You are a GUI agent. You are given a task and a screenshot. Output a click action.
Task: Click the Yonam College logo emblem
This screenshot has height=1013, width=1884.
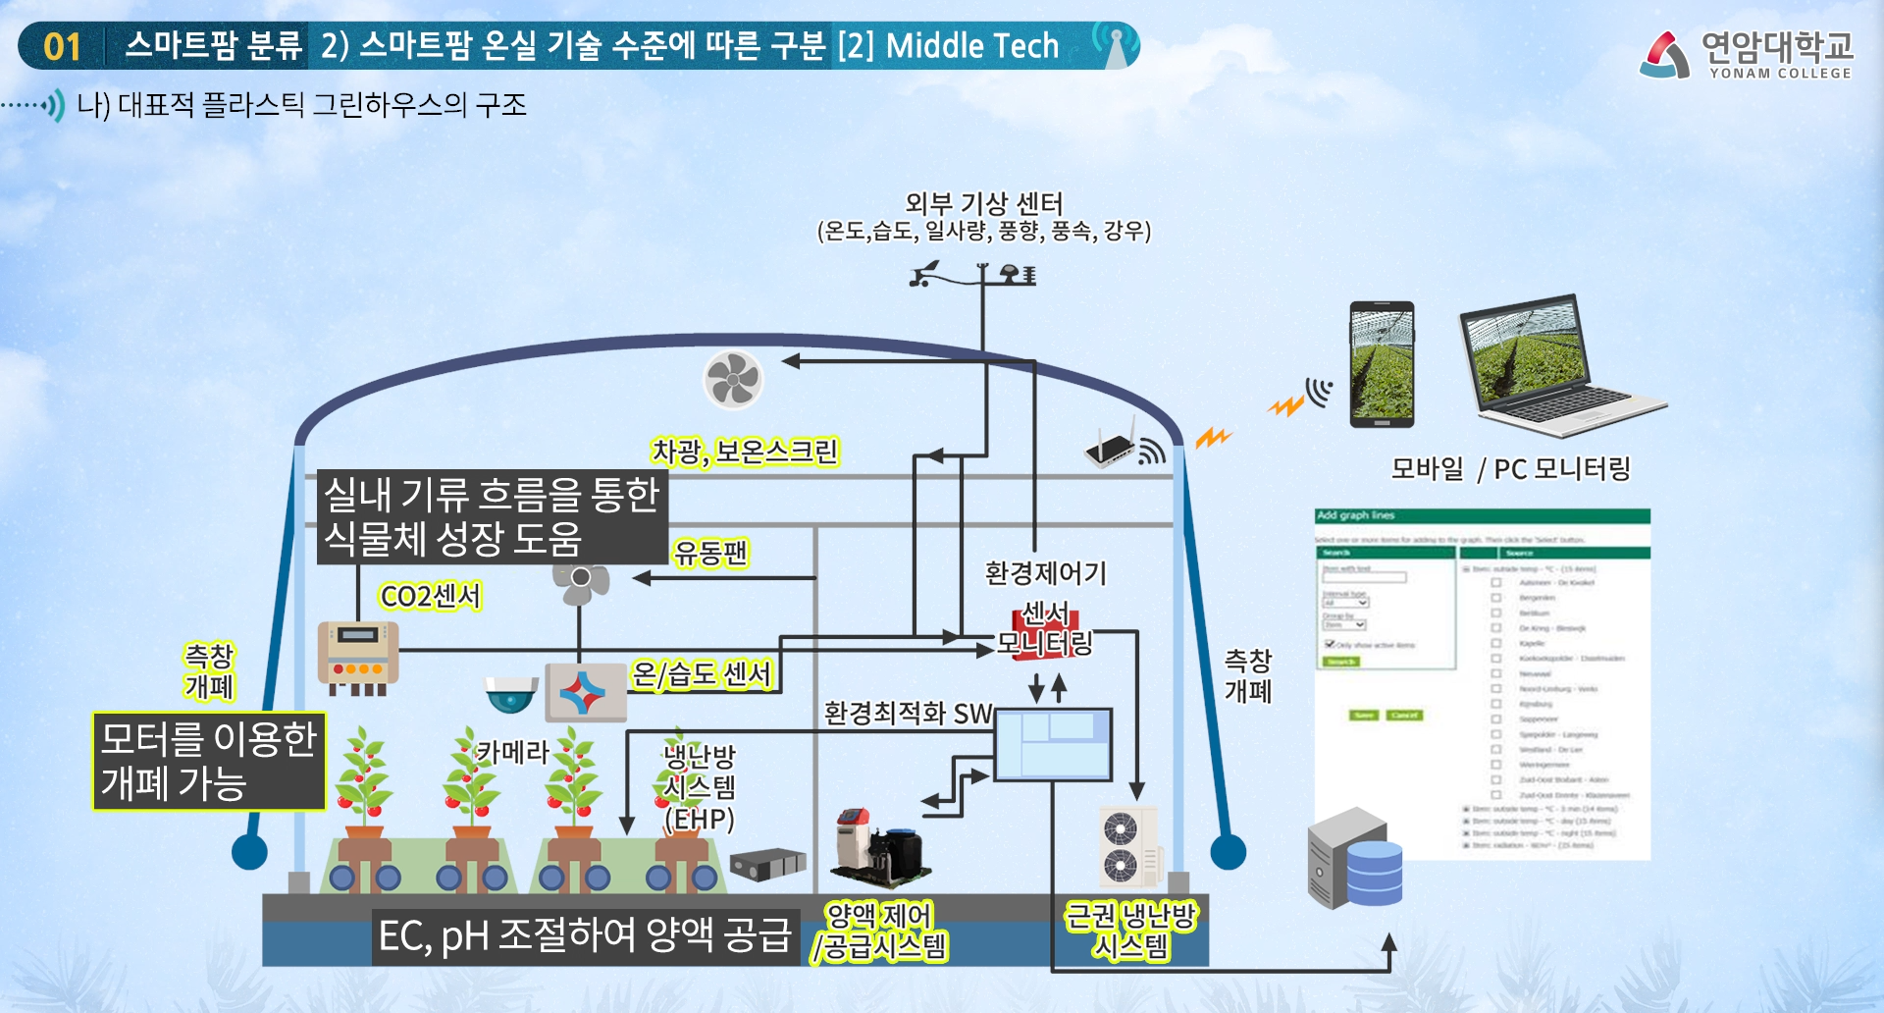(1664, 55)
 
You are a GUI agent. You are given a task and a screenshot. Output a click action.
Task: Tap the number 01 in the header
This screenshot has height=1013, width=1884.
(62, 46)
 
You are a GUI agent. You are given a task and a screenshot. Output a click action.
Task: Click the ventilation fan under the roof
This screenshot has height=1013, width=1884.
(733, 380)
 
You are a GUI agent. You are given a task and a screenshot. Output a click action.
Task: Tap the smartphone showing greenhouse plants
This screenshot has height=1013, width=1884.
(1382, 364)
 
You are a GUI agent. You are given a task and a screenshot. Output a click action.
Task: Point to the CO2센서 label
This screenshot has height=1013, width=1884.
(430, 596)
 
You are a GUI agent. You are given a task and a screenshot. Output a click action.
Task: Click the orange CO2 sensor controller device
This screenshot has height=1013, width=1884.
(358, 654)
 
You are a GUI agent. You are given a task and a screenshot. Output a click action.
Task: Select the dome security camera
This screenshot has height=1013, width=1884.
(511, 694)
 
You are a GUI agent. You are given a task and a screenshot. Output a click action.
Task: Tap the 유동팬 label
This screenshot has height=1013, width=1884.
(710, 553)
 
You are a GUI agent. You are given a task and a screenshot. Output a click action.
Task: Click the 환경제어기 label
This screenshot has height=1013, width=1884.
(1045, 573)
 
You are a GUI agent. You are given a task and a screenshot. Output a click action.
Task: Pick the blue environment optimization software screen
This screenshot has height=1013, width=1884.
(1053, 744)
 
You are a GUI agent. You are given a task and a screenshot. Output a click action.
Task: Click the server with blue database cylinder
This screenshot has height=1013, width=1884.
(1353, 860)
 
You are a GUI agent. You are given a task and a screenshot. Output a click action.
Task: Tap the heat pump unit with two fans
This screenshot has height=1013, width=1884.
(1126, 846)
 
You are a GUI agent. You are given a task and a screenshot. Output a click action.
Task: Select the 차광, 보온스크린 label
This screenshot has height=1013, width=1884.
(745, 452)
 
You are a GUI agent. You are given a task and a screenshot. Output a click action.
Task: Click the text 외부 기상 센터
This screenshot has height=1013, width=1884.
(983, 203)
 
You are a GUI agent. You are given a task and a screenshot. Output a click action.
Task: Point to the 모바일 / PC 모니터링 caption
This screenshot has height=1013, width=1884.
(1510, 469)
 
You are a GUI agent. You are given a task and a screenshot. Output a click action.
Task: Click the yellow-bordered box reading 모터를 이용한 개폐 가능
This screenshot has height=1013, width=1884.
(209, 762)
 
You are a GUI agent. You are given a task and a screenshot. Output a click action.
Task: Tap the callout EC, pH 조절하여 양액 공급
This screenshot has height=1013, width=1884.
(585, 935)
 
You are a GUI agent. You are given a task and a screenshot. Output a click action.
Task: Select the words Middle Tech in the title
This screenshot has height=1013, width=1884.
(971, 46)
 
